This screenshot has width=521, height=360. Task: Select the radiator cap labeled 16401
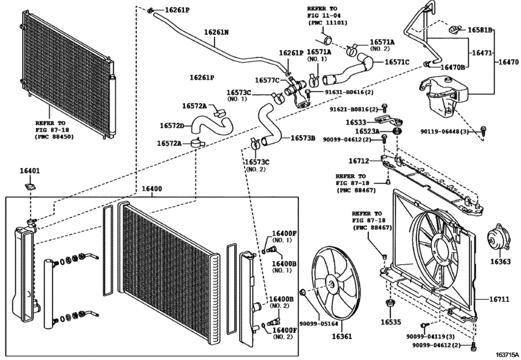pos(29,186)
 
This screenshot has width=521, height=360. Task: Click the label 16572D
pos(173,126)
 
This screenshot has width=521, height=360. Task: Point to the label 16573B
pos(302,139)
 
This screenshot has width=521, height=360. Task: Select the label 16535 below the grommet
pos(390,321)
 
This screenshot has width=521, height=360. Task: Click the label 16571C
pos(397,62)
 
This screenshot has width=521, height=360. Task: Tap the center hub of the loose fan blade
pos(331,284)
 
